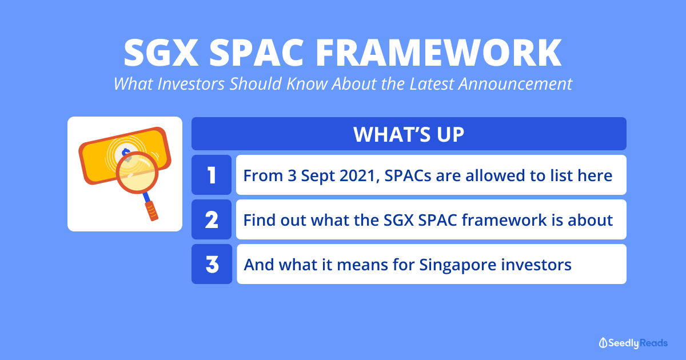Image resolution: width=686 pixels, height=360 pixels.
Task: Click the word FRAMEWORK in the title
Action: (438, 53)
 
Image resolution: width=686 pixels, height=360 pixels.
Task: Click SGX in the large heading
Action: (161, 53)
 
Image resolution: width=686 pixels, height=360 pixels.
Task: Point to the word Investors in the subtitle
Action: (191, 83)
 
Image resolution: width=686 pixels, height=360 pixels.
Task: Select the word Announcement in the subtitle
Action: (515, 83)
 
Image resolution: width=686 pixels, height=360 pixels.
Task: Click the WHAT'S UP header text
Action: (409, 134)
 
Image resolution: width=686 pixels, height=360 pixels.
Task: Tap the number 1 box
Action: (212, 175)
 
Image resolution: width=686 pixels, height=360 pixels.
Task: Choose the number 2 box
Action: (212, 219)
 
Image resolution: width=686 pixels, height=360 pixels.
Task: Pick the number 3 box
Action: (212, 264)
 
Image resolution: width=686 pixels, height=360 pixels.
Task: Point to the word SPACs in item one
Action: (408, 176)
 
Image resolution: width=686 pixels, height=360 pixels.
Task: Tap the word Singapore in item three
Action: (457, 265)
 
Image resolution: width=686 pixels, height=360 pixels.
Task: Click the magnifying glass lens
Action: (137, 173)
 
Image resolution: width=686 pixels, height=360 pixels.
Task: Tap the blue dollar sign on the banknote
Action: (126, 152)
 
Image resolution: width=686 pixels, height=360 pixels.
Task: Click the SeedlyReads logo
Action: (633, 343)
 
